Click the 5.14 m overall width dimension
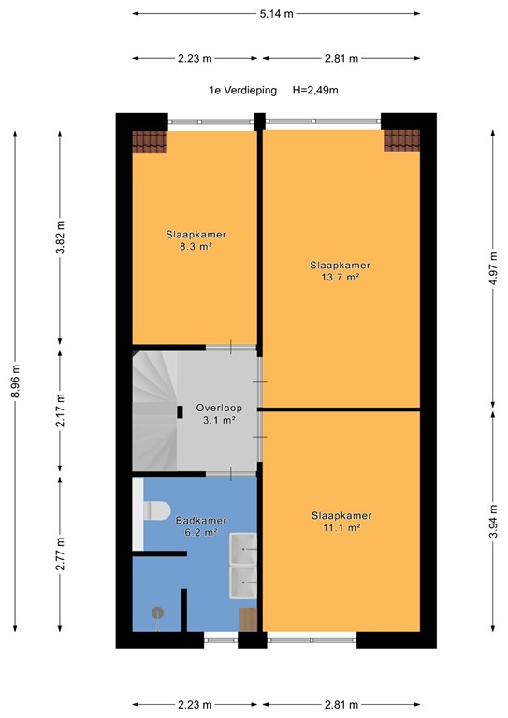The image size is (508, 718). click(275, 14)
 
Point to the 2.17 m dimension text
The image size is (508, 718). click(61, 409)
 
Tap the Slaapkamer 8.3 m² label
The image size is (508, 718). click(196, 240)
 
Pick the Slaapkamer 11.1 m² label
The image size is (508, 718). click(341, 522)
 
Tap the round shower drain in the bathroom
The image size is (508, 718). click(156, 612)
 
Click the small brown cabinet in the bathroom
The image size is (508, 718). click(249, 619)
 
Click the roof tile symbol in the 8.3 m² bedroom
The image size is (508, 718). click(149, 141)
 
